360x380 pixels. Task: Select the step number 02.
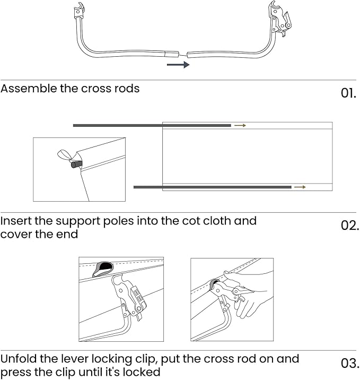pyautogui.click(x=349, y=225)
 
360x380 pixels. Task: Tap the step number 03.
pyautogui.click(x=349, y=364)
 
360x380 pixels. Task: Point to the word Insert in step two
pyautogui.click(x=16, y=221)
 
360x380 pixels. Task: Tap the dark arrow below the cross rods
pyautogui.click(x=178, y=65)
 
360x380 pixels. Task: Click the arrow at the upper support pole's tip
pyautogui.click(x=240, y=126)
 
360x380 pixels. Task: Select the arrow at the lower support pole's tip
pyautogui.click(x=300, y=187)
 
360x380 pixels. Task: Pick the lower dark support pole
pyautogui.click(x=212, y=187)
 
